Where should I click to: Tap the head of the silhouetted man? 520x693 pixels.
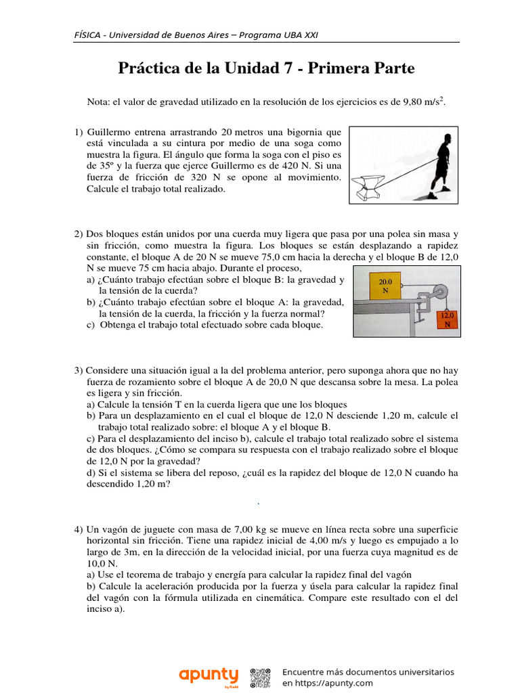coord(445,139)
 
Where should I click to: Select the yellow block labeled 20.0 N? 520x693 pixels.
coord(385,285)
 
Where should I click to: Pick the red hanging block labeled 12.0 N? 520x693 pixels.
coord(447,319)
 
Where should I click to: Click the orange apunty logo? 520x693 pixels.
coord(209,675)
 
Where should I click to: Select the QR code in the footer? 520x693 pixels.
coord(261,677)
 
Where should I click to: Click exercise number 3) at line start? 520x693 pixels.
coord(79,370)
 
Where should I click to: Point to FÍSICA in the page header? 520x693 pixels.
coord(88,35)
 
